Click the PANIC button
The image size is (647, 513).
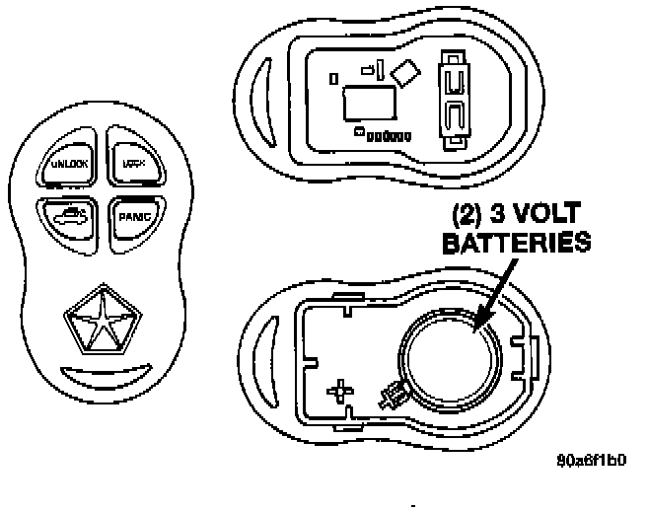[x=128, y=218]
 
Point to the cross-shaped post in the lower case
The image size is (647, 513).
[x=341, y=391]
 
